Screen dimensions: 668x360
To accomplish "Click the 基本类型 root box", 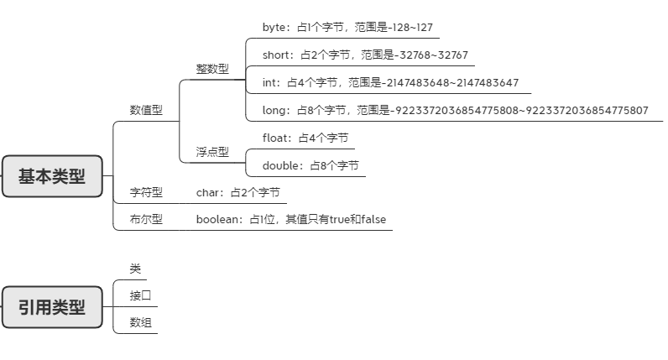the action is (x=52, y=176).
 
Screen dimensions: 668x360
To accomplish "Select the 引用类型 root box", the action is (x=52, y=307).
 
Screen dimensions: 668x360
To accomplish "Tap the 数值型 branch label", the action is (x=146, y=110).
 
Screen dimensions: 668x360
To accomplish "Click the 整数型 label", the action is (x=212, y=69).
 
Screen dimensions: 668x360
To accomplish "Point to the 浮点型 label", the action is (x=212, y=152).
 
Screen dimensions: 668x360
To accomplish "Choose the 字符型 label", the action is (x=146, y=192).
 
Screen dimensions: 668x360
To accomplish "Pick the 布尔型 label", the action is (x=146, y=219).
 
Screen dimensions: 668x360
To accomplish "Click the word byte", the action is (x=274, y=27).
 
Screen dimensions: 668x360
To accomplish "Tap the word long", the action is (x=274, y=110).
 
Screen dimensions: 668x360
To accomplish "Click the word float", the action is (x=275, y=138).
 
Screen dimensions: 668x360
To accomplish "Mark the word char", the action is (x=208, y=192).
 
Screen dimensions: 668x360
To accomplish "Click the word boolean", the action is (x=218, y=219).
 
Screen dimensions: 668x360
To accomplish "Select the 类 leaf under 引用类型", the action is (x=135, y=269).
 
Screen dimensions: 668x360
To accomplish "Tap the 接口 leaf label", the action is (x=140, y=295).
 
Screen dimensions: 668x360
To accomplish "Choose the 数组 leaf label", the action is (x=140, y=323).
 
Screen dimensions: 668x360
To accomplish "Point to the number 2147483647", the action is (x=486, y=83).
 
